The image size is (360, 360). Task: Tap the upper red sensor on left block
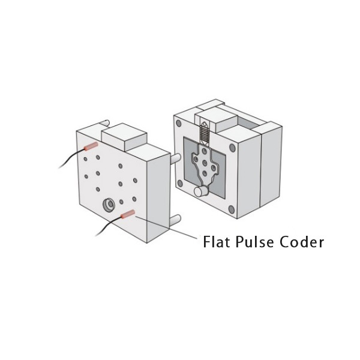click(x=91, y=146)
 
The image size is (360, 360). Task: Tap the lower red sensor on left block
click(x=128, y=214)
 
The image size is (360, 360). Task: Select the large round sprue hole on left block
click(x=109, y=205)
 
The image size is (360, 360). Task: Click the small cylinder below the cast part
click(x=200, y=191)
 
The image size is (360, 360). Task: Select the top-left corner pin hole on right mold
click(x=179, y=123)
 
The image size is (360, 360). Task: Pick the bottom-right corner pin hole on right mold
click(x=232, y=209)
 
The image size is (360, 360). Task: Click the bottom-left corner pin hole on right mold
click(x=180, y=183)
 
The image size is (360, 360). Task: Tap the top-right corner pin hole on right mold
click(x=232, y=148)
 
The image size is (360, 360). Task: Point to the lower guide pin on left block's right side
click(x=175, y=221)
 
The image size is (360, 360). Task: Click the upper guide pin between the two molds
click(x=175, y=158)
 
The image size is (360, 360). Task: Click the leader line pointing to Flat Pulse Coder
click(x=166, y=227)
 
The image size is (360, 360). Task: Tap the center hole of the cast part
click(x=205, y=163)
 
